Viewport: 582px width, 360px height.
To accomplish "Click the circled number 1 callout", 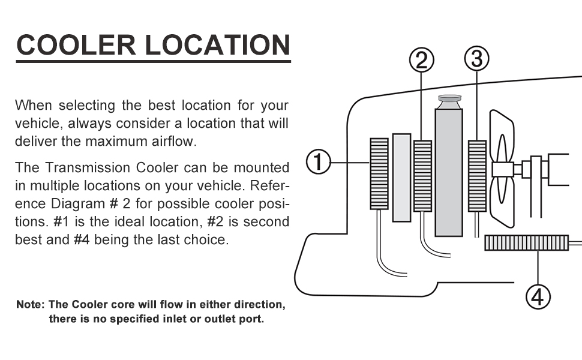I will (x=319, y=163).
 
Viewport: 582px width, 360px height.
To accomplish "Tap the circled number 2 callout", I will (x=421, y=60).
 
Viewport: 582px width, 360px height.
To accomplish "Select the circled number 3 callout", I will (x=476, y=59).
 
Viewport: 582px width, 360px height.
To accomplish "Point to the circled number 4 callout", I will (x=538, y=296).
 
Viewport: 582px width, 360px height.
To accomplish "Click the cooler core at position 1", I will (x=379, y=173).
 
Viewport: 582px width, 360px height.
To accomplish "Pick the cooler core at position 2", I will (x=422, y=176).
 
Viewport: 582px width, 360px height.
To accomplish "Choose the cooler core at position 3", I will (x=477, y=176).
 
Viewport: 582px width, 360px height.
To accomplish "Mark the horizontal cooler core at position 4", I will (x=526, y=243).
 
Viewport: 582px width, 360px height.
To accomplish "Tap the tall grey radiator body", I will (x=449, y=174).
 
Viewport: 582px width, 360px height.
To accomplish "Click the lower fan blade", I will (x=503, y=201).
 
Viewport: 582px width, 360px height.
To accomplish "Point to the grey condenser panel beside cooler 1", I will (x=401, y=177).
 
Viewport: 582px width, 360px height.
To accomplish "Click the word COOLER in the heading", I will (x=74, y=45).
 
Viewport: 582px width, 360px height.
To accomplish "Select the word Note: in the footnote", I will (x=30, y=305).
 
